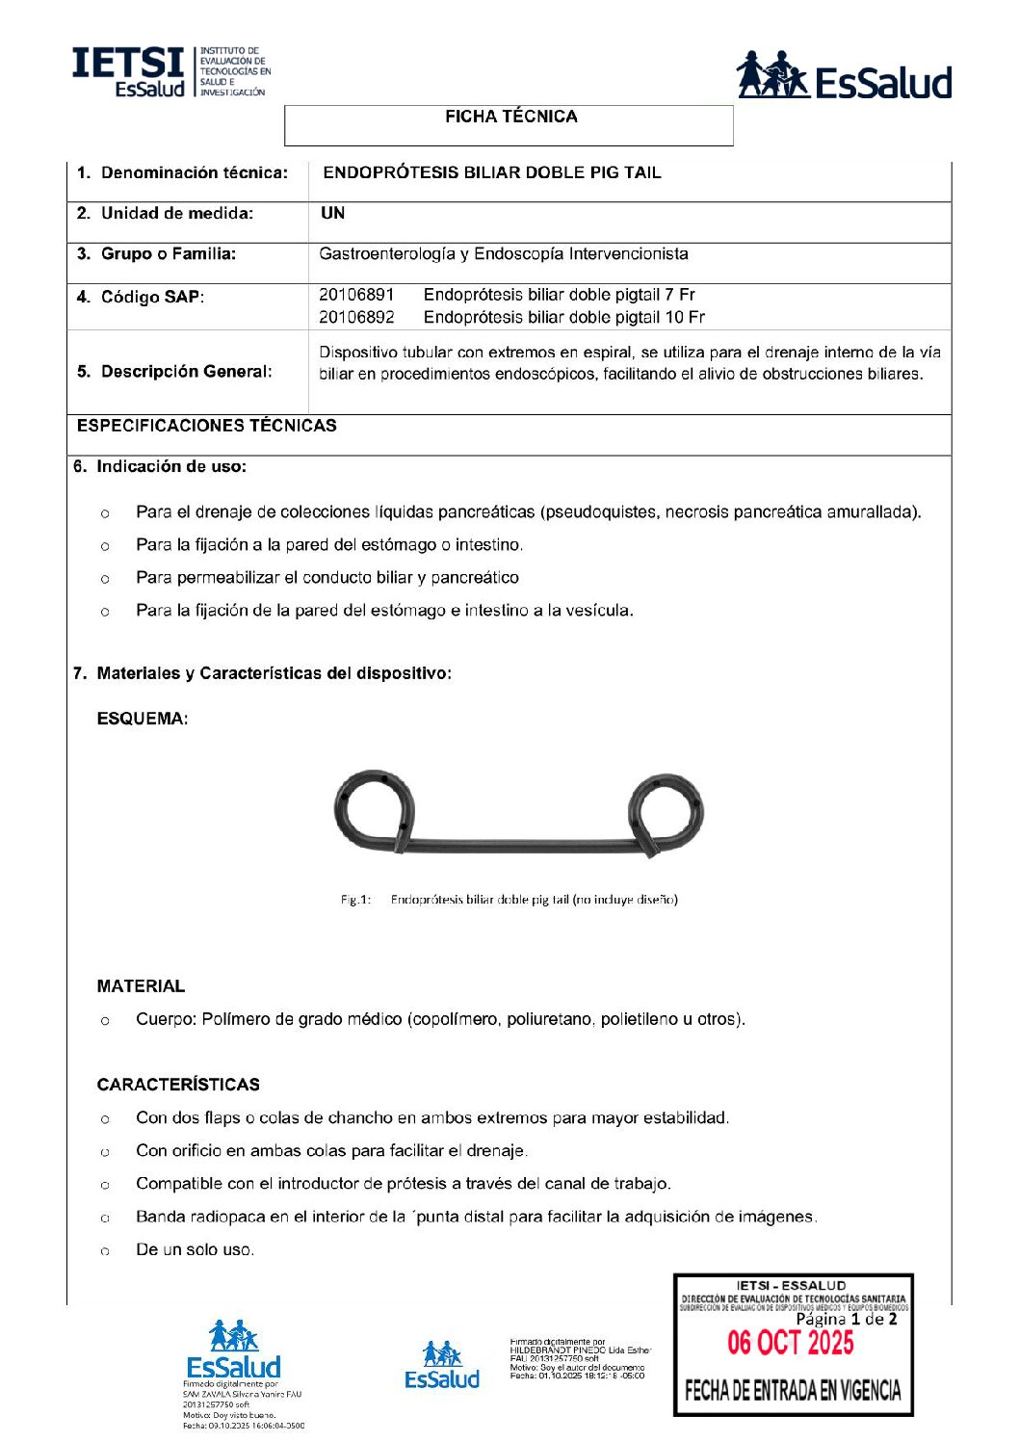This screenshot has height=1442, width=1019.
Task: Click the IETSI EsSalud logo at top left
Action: (x=170, y=71)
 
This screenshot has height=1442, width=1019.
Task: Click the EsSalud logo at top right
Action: (x=844, y=76)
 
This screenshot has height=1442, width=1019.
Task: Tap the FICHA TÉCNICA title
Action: (x=510, y=117)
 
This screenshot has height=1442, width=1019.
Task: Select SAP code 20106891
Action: (x=356, y=295)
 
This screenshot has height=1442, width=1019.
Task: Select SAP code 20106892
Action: (x=356, y=317)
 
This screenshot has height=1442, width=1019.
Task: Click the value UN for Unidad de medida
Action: (x=332, y=213)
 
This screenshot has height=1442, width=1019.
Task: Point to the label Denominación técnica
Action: (x=194, y=172)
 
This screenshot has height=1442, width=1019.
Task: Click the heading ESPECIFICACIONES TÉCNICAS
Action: (x=207, y=425)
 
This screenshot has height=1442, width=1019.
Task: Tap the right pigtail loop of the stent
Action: (x=666, y=811)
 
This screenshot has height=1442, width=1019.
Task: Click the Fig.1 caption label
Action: (x=355, y=900)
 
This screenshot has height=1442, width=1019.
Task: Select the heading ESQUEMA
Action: (x=143, y=719)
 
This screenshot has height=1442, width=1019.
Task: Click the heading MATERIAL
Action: (x=141, y=985)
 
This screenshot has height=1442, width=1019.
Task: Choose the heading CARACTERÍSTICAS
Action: (x=178, y=1084)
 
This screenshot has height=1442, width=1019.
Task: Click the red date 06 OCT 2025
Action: (x=790, y=1342)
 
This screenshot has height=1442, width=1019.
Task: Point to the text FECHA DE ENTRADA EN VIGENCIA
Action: (x=792, y=1390)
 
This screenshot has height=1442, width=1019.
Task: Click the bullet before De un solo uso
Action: (x=104, y=1250)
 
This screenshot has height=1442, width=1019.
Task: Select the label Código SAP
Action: (x=152, y=297)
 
